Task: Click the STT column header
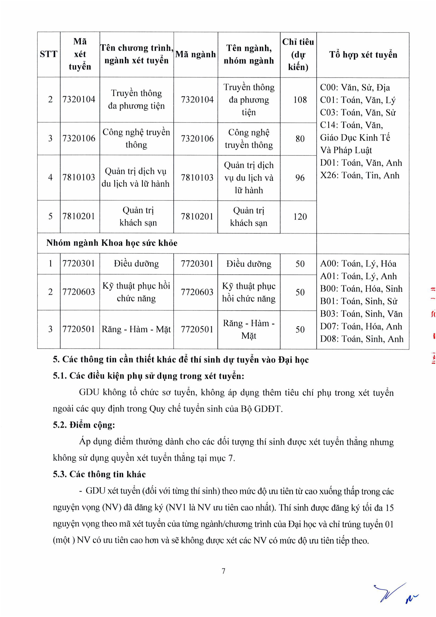pyautogui.click(x=49, y=54)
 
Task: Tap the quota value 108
pyautogui.click(x=300, y=100)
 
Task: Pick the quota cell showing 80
pyautogui.click(x=300, y=139)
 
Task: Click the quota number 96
pyautogui.click(x=300, y=178)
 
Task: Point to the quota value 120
pyautogui.click(x=300, y=217)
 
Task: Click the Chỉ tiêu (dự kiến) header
pyautogui.click(x=298, y=55)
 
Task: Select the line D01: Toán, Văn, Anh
pyautogui.click(x=361, y=163)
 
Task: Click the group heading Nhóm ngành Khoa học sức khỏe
pyautogui.click(x=112, y=243)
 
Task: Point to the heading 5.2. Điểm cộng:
pyautogui.click(x=84, y=425)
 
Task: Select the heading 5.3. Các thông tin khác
pyautogui.click(x=99, y=474)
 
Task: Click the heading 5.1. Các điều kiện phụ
pyautogui.click(x=148, y=376)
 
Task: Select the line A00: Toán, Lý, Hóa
pyautogui.click(x=358, y=264)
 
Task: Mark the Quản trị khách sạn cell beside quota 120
pyautogui.click(x=249, y=217)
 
